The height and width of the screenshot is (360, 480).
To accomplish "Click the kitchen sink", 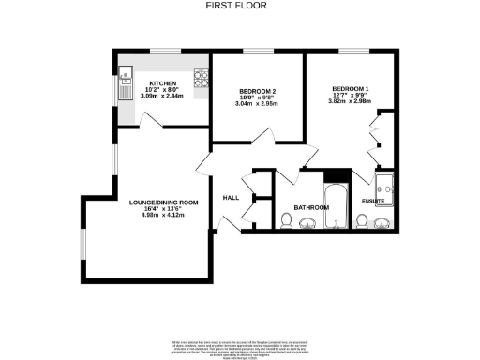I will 125,86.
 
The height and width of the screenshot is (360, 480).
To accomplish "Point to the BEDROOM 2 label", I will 256,91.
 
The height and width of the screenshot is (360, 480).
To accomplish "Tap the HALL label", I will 232,198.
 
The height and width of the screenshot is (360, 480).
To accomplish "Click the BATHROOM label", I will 310,206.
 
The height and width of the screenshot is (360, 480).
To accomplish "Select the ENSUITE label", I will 373,201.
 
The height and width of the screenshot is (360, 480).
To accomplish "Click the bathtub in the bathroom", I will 337,207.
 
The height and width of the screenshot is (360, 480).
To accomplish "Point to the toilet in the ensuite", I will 362,221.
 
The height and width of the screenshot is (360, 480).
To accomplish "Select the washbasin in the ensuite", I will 383,222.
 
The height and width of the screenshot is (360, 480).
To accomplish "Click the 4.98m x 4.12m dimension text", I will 164,216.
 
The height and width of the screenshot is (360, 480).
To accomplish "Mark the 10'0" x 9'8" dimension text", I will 256,98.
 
